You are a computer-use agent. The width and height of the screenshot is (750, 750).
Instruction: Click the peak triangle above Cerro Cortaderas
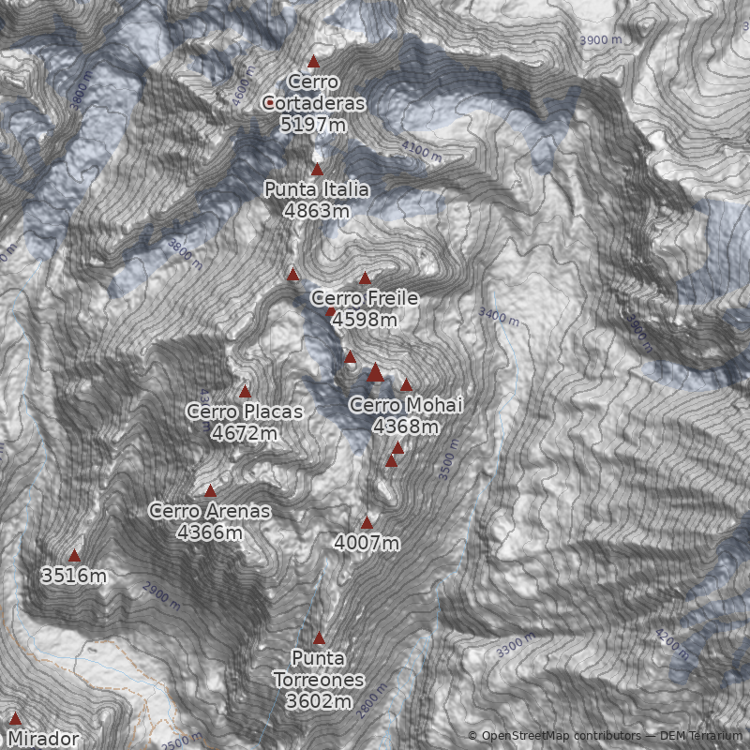314,62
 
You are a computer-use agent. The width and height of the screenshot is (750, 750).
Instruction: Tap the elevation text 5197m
314,123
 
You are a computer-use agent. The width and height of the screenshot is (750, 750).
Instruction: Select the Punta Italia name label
316,190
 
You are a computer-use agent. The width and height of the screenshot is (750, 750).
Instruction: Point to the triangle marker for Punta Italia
317,170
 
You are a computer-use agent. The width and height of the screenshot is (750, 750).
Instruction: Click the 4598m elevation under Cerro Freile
365,320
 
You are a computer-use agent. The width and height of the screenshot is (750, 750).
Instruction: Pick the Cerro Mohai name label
406,405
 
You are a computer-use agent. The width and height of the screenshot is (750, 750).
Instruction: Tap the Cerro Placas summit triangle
246,391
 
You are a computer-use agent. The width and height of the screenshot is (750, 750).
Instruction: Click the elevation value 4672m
245,433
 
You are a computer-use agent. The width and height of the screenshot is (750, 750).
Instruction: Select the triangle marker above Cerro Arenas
210,490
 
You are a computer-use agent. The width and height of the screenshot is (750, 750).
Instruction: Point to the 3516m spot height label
74,576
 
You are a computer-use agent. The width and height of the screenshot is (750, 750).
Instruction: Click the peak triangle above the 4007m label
367,522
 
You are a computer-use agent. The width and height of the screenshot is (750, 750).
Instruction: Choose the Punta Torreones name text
319,667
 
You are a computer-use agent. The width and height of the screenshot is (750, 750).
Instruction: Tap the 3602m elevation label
319,701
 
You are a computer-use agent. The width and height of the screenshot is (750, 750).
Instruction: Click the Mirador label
44,739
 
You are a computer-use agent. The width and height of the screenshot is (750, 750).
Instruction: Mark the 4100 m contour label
420,151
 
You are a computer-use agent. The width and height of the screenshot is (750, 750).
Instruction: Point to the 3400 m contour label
498,316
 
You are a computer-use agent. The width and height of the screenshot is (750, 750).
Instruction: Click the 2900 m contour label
161,592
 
